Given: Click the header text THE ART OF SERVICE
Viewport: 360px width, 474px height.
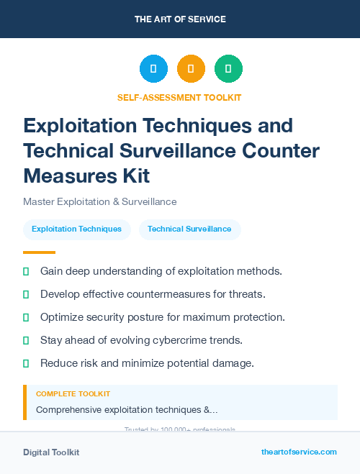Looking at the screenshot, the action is point(180,19).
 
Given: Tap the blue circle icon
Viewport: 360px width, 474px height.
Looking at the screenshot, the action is point(153,69).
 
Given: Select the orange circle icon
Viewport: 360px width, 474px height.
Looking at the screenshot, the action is point(191,69).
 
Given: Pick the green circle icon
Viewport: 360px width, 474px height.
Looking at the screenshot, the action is point(228,69).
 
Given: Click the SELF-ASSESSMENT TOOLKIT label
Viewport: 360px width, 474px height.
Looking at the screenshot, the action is point(180,97).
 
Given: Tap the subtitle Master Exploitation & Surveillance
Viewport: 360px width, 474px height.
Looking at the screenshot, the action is point(100,201).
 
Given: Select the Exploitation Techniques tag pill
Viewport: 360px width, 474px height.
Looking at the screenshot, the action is point(77,229).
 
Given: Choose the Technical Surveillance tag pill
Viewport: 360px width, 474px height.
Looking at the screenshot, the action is point(189,229).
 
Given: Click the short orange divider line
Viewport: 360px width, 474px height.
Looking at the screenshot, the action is point(39,252).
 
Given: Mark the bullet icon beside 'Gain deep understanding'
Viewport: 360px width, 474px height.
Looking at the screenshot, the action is point(26,271).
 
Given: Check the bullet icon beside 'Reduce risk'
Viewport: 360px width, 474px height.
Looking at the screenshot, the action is point(26,363).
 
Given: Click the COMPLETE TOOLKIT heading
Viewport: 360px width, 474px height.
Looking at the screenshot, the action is point(73,394).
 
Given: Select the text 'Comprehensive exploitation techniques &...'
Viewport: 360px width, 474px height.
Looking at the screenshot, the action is point(127,410).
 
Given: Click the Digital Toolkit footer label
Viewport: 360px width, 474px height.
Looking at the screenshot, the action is point(51,452).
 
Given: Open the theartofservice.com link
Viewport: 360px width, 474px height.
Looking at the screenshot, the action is point(299,452).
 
